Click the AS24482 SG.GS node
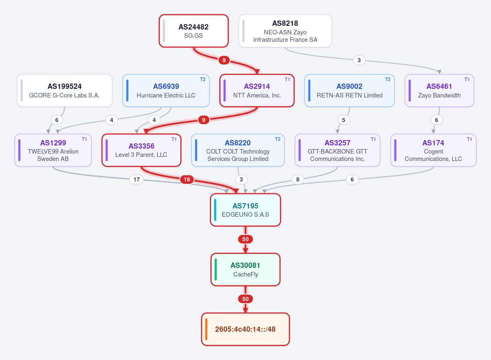tap(194, 31)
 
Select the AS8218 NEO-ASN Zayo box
tap(285, 31)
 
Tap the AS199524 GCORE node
tap(65, 91)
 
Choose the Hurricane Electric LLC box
tap(166, 91)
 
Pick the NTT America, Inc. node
tap(257, 91)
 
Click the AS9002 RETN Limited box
tap(349, 91)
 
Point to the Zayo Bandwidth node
tap(439, 91)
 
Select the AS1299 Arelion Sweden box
tap(53, 150)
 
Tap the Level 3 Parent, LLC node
tap(142, 150)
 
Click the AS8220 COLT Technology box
tap(238, 150)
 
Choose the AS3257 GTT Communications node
tap(337, 150)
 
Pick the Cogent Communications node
tap(433, 150)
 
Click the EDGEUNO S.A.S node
tap(245, 210)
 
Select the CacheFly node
tap(245, 269)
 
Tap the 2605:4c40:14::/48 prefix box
tap(245, 329)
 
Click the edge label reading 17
tap(137, 179)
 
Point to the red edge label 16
tap(187, 179)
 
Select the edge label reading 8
tap(298, 179)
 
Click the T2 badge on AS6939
tap(203, 79)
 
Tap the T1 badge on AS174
tap(469, 139)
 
